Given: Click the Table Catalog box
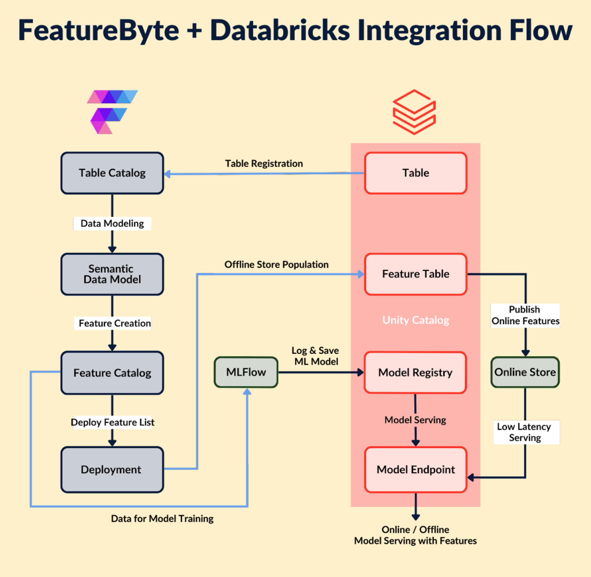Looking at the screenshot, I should [112, 173].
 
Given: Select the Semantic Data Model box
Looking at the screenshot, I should [112, 274].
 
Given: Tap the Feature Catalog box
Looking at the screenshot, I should [112, 373].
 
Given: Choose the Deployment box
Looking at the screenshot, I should [112, 469].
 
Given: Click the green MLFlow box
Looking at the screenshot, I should [246, 372].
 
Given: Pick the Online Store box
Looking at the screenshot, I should [525, 372].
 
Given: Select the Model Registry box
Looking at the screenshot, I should [415, 373].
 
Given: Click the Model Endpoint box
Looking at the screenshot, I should [415, 469].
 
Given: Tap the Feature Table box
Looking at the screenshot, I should [415, 274].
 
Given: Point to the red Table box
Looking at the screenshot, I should [415, 173].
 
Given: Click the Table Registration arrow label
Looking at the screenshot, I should [264, 163].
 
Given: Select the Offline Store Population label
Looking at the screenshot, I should [276, 265].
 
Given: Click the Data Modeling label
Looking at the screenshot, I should [112, 223].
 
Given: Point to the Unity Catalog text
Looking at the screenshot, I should [415, 320].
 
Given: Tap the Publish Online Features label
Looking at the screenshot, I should [525, 315].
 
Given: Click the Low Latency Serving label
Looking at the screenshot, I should [525, 432].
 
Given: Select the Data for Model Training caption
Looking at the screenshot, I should [162, 518].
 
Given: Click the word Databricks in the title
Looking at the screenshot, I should [280, 30].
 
